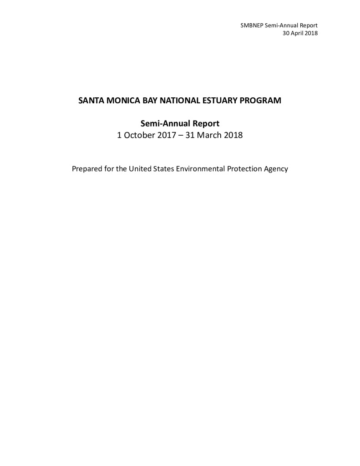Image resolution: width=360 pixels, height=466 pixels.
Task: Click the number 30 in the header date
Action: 286,33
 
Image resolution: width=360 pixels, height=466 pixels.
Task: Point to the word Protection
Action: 247,169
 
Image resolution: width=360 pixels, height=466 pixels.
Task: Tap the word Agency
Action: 277,169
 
